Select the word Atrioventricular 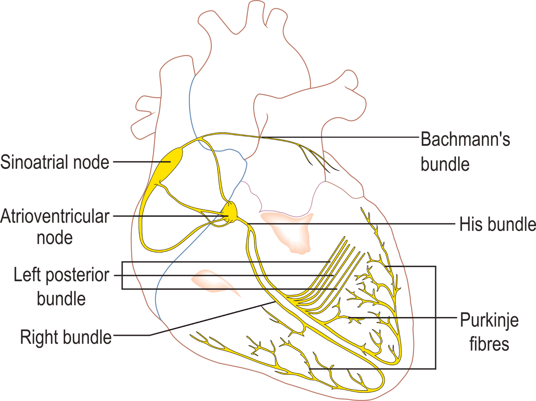[55, 216]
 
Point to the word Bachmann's [465, 139]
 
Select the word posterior [77, 275]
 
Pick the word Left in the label [27, 275]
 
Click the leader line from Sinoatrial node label [142, 162]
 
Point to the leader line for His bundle [351, 224]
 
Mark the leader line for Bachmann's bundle [340, 137]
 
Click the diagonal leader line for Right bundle [212, 319]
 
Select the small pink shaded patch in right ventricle [212, 282]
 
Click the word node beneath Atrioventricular [55, 238]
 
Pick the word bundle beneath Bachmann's [445, 164]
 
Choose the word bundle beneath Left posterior [61, 299]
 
